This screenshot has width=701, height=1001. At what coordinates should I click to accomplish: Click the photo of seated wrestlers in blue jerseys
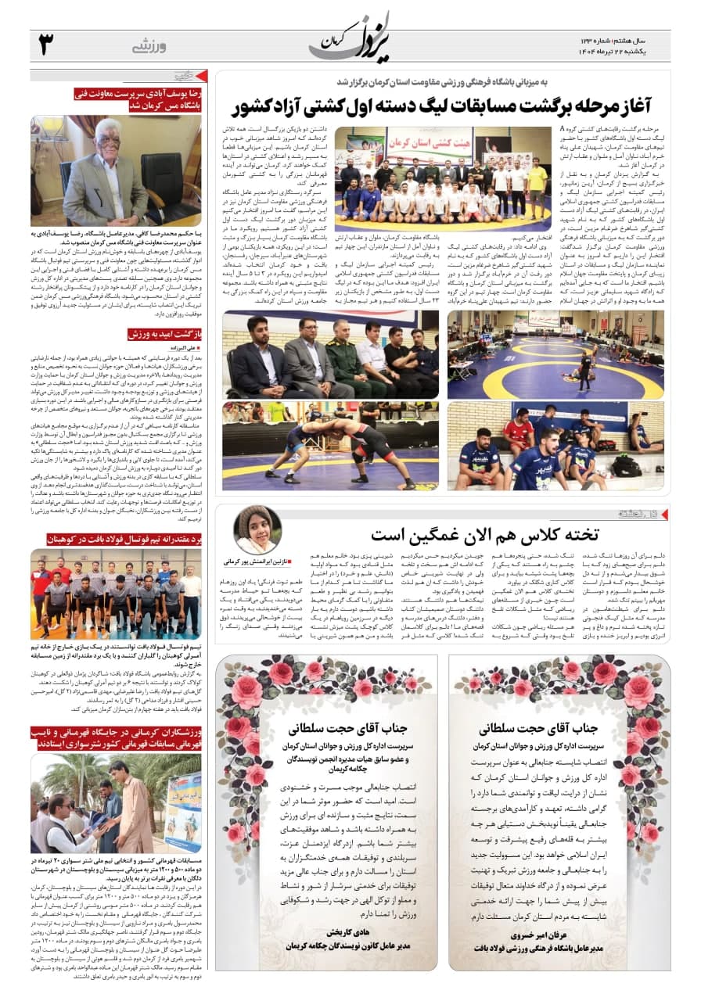[x=555, y=446]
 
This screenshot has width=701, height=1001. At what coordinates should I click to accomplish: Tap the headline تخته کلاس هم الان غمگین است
[x=485, y=534]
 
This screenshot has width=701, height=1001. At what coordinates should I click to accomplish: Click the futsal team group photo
[x=116, y=594]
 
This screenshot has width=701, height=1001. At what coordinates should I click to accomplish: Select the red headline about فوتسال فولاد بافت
[x=117, y=539]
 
